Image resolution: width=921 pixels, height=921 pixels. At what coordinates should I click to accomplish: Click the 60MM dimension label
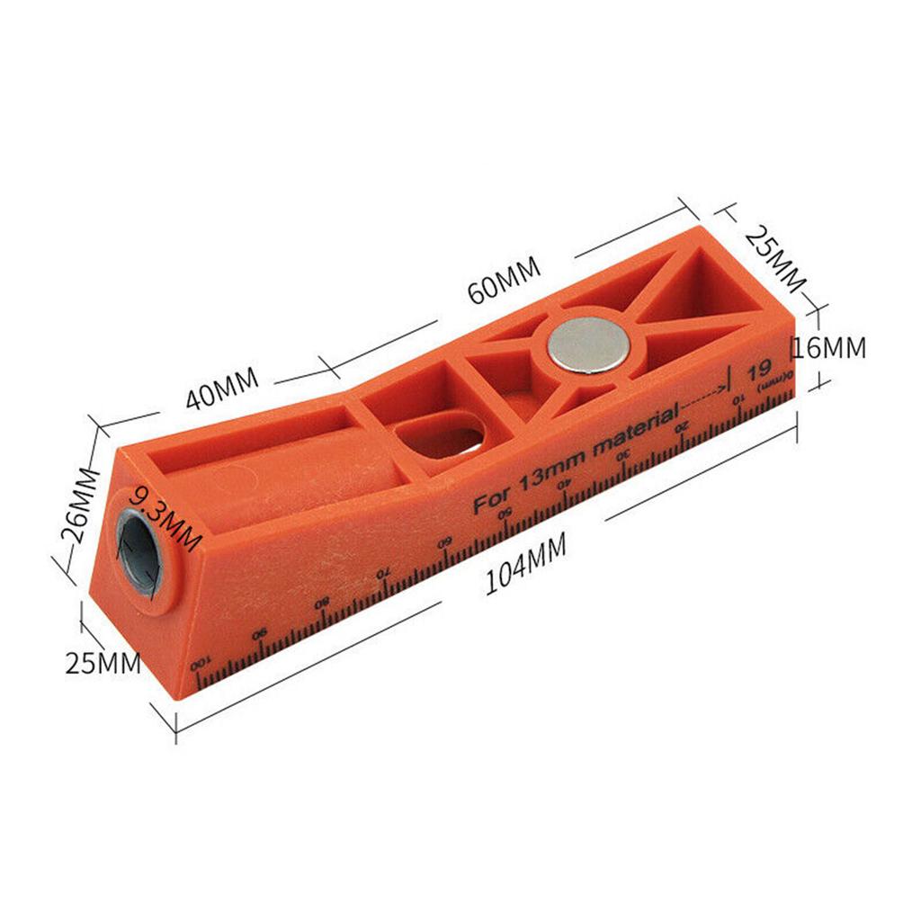click(503, 280)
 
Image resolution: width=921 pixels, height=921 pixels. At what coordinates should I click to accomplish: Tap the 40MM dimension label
click(222, 388)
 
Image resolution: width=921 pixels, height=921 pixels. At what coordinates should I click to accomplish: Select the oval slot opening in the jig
click(440, 435)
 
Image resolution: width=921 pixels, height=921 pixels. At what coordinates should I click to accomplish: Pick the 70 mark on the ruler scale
click(383, 573)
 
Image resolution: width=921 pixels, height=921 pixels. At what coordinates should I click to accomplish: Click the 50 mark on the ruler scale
click(505, 514)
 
